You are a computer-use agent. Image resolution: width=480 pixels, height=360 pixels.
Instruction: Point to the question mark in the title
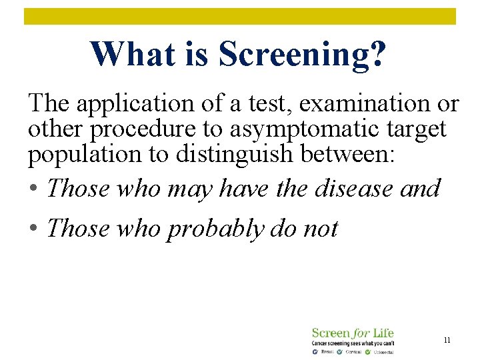pos(377,54)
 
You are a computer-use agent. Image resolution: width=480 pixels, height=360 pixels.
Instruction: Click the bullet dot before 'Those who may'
pos(33,189)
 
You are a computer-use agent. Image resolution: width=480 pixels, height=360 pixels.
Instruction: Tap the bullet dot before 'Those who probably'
pos(33,229)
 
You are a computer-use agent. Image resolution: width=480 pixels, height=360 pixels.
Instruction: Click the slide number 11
pos(447,340)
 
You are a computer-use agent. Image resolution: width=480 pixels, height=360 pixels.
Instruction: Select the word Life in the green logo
pos(382,333)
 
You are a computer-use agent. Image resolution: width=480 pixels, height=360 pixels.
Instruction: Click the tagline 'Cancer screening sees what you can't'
pos(353,343)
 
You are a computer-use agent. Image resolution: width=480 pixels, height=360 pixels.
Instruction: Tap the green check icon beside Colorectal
pos(368,351)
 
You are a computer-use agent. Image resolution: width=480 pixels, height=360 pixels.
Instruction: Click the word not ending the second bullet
pos(321,229)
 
